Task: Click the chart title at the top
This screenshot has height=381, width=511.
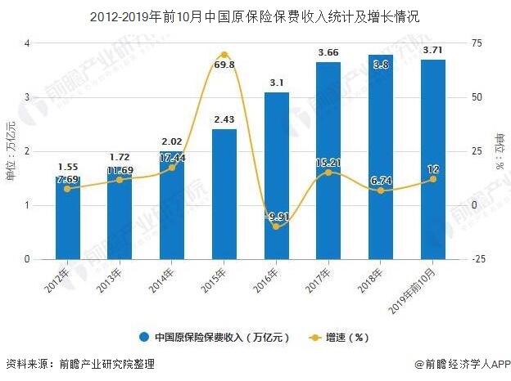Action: pos(256,15)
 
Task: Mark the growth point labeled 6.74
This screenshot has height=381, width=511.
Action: pos(381,190)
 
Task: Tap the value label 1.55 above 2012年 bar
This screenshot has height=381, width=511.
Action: pos(68,166)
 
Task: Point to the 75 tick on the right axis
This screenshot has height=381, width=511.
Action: pos(477,43)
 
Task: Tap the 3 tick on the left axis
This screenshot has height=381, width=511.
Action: pos(27,97)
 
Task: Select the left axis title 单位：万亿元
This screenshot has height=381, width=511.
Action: pos(11,151)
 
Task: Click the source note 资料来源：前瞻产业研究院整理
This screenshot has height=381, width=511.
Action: pos(79,365)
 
